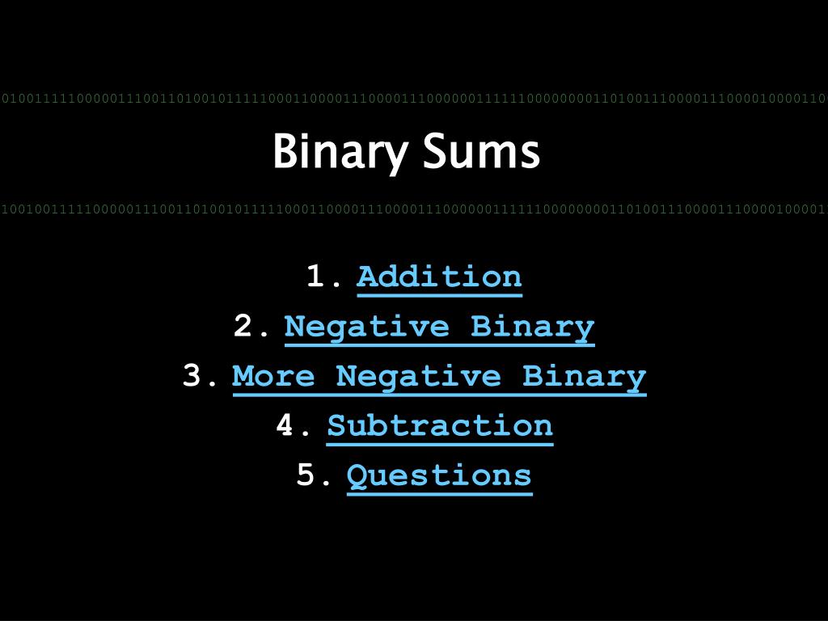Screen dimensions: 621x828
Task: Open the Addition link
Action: pyautogui.click(x=439, y=277)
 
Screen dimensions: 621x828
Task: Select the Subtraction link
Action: pyautogui.click(x=440, y=425)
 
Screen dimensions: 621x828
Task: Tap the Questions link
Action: pyautogui.click(x=439, y=475)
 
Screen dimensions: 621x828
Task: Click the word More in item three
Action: pyautogui.click(x=272, y=376)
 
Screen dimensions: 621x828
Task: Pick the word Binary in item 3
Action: pyautogui.click(x=584, y=377)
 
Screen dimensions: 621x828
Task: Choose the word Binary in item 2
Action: pyautogui.click(x=532, y=327)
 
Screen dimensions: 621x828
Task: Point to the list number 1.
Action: pyautogui.click(x=317, y=277)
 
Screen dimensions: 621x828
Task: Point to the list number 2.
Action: pyautogui.click(x=244, y=327)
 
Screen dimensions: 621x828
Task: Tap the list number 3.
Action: pyautogui.click(x=192, y=376)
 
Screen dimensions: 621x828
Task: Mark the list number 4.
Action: pyautogui.click(x=286, y=425)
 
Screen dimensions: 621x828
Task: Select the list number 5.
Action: pyautogui.click(x=306, y=475)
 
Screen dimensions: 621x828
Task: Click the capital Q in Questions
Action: pyautogui.click(x=357, y=475)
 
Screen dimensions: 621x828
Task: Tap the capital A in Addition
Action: pyautogui.click(x=367, y=277)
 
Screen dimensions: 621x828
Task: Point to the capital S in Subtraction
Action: pyautogui.click(x=337, y=425)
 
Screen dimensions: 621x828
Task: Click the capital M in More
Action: pyautogui.click(x=243, y=376)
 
